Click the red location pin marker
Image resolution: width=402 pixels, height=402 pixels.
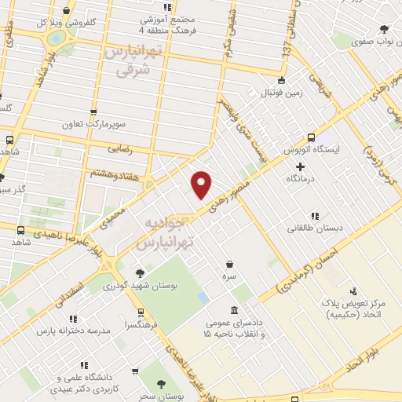[x=202, y=185]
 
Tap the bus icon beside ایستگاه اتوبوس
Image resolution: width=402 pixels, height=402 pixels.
[x=311, y=135]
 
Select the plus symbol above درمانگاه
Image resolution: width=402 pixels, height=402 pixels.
[x=301, y=166]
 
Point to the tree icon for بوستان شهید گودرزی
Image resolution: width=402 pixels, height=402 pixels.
[x=139, y=273]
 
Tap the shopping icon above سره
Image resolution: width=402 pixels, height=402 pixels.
[x=228, y=265]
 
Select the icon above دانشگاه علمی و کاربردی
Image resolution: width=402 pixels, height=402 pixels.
[x=83, y=365]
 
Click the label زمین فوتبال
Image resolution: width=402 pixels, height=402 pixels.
[x=280, y=93]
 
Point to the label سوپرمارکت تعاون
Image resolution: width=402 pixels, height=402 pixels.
[x=93, y=124]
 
